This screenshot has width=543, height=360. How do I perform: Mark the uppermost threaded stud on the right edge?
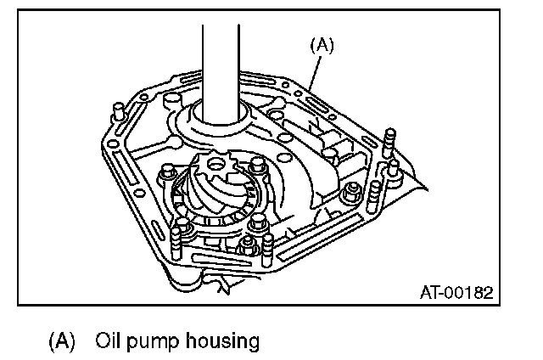[x=389, y=137]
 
